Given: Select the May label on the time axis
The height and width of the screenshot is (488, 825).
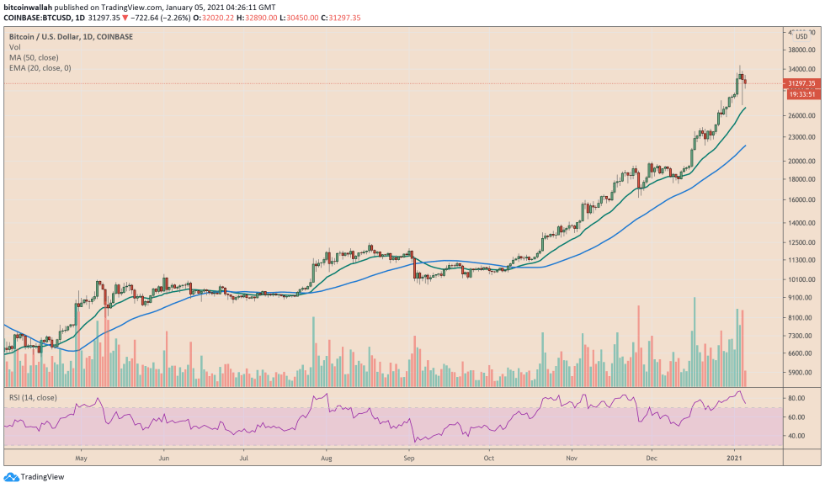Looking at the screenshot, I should pos(82,459).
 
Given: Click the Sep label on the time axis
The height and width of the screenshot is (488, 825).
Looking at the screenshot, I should pos(410,459).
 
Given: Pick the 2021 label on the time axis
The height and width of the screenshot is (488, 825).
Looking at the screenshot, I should pos(734,459).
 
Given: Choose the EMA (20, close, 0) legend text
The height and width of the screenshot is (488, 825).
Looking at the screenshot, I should pos(40,68).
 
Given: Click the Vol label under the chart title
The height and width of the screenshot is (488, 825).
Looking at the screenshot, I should pos(14,48).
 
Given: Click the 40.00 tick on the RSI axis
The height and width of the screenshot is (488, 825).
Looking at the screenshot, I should pos(796,436).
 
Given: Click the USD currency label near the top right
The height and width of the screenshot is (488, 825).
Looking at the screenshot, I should pos(801,36).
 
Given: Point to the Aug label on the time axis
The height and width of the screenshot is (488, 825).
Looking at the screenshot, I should pos(327,459).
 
